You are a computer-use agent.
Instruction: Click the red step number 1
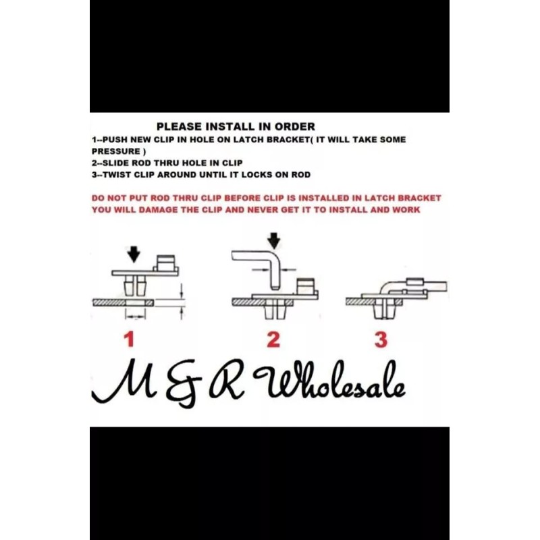pyautogui.click(x=130, y=339)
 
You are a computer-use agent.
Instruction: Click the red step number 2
pyautogui.click(x=273, y=339)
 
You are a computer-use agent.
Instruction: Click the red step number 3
pyautogui.click(x=381, y=339)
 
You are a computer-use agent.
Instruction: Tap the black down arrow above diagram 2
pyautogui.click(x=273, y=240)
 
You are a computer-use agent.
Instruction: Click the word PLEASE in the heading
pyautogui.click(x=178, y=126)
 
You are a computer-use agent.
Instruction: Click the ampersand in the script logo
pyautogui.click(x=170, y=388)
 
